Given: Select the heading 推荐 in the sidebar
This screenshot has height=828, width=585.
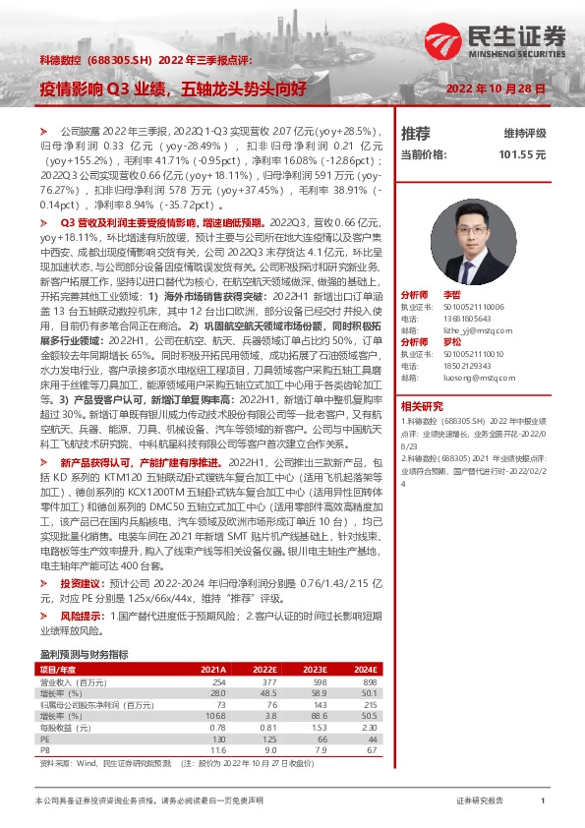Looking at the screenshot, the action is pos(416,133).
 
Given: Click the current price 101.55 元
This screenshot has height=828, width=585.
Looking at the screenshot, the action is pos(522,154).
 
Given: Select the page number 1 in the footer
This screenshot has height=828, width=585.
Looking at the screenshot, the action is pos(543,801).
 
